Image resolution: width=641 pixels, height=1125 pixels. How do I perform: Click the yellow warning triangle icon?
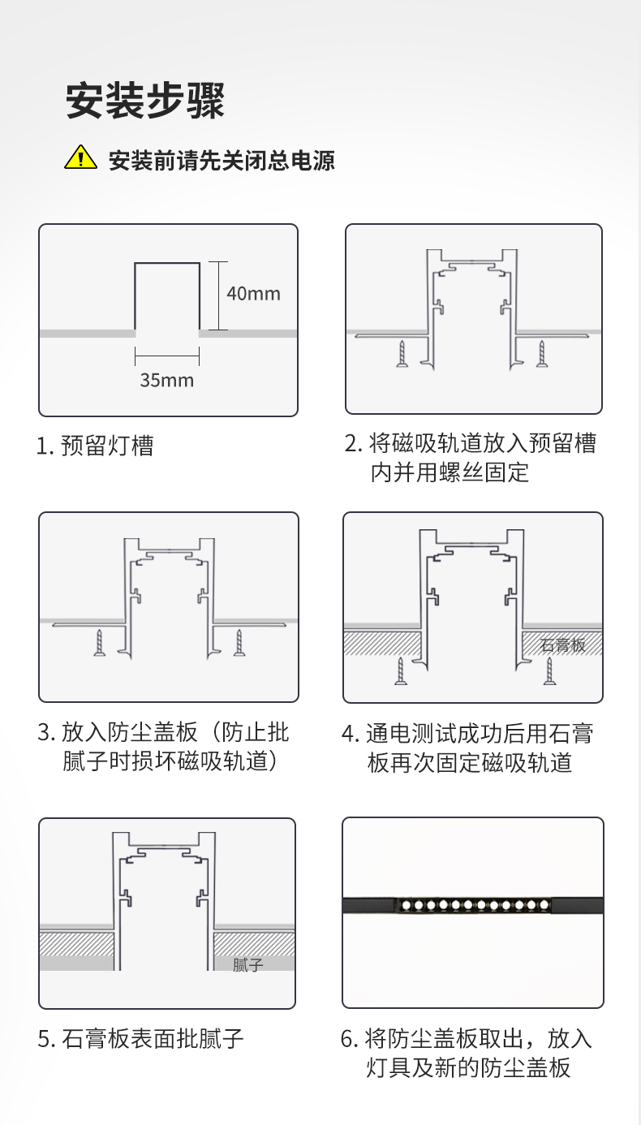(x=80, y=157)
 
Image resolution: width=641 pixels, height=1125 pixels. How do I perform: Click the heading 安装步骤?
(x=145, y=101)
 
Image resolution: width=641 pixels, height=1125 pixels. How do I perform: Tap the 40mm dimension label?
(x=253, y=294)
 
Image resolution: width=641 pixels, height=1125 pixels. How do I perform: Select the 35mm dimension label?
(x=166, y=380)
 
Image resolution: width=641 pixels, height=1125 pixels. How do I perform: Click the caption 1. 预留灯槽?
(x=95, y=446)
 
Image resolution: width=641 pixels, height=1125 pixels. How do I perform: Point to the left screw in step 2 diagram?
(x=402, y=354)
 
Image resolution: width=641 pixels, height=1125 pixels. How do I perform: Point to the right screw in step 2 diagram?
(x=542, y=354)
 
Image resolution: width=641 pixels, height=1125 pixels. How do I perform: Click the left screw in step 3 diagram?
(x=100, y=642)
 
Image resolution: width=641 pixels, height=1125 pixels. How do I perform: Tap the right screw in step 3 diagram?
(x=239, y=642)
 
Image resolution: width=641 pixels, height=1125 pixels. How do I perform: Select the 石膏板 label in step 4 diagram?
(x=562, y=644)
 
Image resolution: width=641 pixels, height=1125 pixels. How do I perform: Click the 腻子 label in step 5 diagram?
(x=248, y=964)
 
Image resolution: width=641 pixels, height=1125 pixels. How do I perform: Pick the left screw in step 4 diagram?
(x=401, y=671)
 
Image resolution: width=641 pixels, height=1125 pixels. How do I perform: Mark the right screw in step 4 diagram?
(x=549, y=671)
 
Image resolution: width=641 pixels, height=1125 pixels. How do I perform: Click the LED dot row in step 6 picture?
(x=475, y=906)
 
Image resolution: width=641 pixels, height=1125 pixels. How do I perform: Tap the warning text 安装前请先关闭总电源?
(x=222, y=160)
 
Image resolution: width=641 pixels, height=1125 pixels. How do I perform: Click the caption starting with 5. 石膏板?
(x=140, y=1038)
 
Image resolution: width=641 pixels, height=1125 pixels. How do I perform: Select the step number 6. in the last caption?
(x=350, y=1039)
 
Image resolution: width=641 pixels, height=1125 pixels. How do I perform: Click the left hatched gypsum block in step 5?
(x=77, y=944)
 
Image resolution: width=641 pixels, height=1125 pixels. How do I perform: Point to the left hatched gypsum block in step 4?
(x=382, y=644)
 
